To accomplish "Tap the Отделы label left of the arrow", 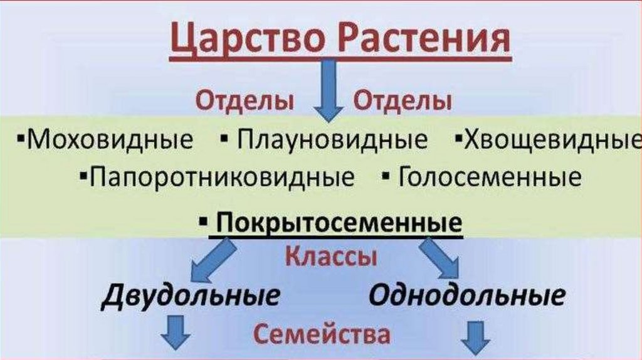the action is (245, 101).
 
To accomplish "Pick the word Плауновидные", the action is (332, 139).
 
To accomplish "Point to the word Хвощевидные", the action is (552, 139).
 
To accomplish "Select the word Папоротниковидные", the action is (222, 177).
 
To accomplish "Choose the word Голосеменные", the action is (490, 177).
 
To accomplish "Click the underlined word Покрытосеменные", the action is (339, 223).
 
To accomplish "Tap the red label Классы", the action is (332, 257).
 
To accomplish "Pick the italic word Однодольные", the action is (466, 295).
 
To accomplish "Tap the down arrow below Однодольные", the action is (475, 339).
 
